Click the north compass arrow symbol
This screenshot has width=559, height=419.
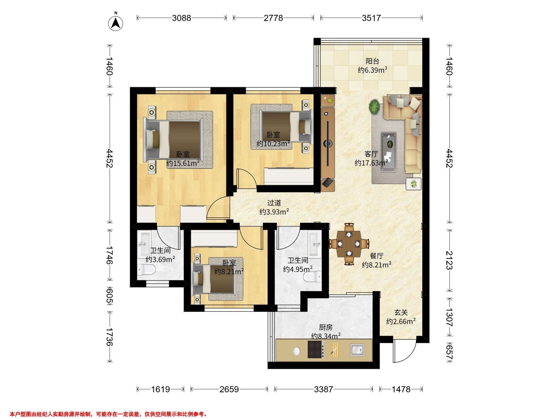[x=116, y=23]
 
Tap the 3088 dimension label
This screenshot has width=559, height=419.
[x=181, y=18]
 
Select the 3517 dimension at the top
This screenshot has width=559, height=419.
[x=371, y=18]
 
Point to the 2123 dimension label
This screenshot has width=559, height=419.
[x=449, y=260]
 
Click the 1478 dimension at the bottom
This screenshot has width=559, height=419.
[x=401, y=389]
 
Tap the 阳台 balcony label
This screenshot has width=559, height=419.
[x=372, y=61]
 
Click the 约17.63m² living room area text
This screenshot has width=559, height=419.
[x=371, y=163]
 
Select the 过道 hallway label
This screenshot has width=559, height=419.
[x=274, y=203]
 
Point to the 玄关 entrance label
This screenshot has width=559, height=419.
[x=401, y=313]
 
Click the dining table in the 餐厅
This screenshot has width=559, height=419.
[x=349, y=244]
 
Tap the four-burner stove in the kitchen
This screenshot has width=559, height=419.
[x=316, y=349]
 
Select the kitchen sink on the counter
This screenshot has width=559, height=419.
[x=357, y=350]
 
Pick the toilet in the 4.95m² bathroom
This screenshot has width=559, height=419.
[x=313, y=277]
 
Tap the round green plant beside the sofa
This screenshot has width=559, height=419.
[x=374, y=107]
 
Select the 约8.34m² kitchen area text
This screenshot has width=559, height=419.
[x=326, y=336]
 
